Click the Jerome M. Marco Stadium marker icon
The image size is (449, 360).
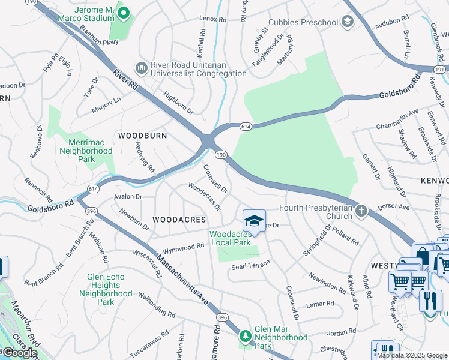124,13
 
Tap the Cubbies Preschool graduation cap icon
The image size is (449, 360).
347,22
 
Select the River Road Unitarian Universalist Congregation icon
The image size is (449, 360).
142,67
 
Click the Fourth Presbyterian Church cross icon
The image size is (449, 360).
361,211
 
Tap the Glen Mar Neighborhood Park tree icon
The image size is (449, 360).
245,335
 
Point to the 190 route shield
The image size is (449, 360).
221,155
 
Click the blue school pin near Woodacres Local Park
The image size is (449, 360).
254,221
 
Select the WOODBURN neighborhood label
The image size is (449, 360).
142,136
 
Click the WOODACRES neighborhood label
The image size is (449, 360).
179,220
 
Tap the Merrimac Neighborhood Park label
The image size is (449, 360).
86,151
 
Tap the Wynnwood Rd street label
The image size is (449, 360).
185,247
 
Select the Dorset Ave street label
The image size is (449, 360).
394,207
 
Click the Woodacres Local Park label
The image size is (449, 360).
230,238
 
